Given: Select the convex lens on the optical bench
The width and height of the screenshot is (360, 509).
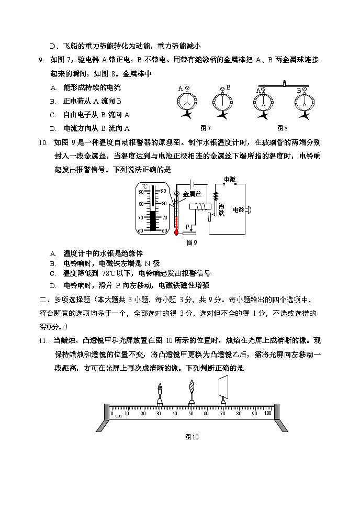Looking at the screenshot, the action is tap(192, 392).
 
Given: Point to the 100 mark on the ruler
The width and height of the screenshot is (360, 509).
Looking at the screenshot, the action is tap(267, 413).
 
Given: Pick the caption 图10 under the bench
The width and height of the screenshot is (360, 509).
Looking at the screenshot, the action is tap(192, 437).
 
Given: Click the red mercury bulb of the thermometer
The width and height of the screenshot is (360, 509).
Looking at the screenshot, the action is tap(176, 230).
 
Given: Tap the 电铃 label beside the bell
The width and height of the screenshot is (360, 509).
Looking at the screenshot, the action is tap(238, 209).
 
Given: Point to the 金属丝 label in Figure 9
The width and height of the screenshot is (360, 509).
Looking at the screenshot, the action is tap(192, 194).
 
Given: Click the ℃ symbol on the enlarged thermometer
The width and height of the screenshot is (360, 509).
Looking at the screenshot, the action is tap(145, 186).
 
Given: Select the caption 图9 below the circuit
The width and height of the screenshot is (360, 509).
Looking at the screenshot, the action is tap(192, 242).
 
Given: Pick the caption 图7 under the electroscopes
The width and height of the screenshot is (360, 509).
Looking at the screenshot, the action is tap(205, 128).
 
